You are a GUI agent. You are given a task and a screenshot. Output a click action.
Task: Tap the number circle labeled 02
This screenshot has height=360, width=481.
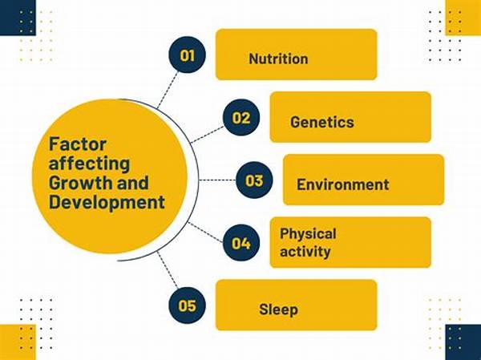pos(241,119)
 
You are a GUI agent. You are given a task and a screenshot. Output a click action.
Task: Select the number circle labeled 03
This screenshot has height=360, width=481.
pos(255,180)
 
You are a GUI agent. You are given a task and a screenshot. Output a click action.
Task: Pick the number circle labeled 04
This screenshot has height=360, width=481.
pos(241,242)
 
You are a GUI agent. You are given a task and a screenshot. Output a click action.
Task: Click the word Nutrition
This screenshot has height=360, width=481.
pos(278,59)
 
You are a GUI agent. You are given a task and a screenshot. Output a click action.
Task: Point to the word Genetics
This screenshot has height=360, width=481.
pos(322,122)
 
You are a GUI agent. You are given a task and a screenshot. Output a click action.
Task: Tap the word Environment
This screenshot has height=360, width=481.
pos(343,184)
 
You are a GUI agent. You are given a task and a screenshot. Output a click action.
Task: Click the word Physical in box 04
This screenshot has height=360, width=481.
pos(308,234)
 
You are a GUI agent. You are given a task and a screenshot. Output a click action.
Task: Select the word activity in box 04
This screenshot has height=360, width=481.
pos(305,252)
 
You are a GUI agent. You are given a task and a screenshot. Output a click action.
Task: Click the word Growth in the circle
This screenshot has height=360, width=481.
pos(75,183)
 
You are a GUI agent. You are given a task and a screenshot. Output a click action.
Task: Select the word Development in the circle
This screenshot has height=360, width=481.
pos(107,201)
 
